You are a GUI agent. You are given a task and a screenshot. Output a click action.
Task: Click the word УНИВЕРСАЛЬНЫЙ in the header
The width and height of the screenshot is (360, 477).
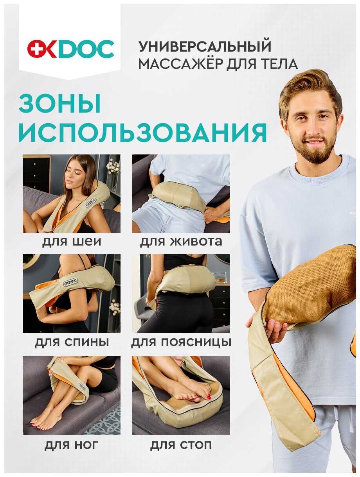pos(205,47)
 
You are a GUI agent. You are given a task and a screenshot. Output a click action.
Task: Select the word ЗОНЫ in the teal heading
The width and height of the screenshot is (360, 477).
pos(60,105)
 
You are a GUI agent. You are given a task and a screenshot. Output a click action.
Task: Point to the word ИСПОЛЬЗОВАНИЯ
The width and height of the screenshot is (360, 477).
pos(143,133)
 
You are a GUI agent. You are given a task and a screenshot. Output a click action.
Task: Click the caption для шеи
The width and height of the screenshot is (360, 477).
pos(72,241)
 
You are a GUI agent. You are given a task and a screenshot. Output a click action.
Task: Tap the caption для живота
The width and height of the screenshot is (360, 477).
pos(181,241)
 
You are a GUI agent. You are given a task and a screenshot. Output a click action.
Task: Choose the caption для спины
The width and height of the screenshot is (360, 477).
pos(72,342)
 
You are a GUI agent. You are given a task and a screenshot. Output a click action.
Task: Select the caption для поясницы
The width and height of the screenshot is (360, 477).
pos(181,342)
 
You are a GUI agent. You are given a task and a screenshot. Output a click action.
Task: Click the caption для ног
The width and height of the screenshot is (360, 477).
pos(72,445)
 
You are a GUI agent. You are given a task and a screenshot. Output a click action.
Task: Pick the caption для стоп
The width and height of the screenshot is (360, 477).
pos(181,445)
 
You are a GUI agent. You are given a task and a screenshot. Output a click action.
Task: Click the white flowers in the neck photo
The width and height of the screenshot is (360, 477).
pos(113,166)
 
